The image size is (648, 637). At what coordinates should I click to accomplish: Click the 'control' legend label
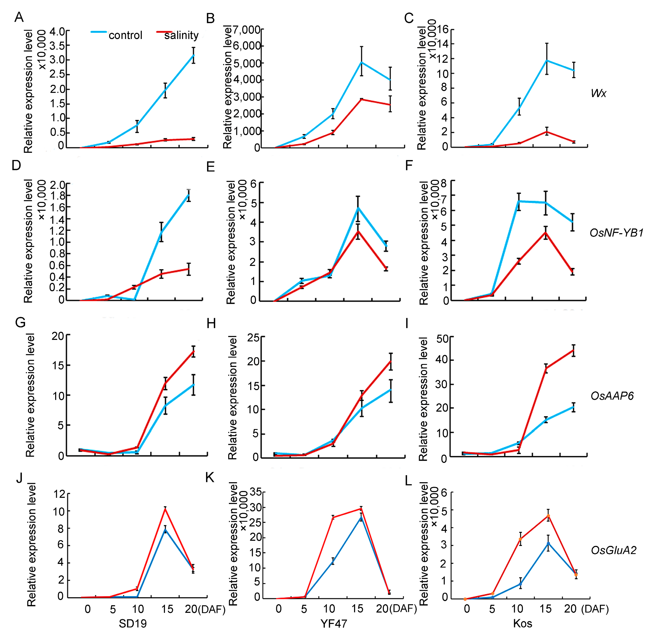[x=125, y=35]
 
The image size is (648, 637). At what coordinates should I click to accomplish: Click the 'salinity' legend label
[x=181, y=35]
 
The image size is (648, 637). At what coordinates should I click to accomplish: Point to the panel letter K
[x=210, y=478]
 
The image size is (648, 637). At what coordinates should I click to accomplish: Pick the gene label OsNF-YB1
[x=616, y=233]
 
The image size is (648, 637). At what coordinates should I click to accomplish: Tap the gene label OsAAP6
[x=612, y=396]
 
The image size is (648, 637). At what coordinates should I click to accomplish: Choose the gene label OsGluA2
[x=614, y=550]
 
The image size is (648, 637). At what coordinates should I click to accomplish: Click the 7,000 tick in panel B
[x=247, y=30]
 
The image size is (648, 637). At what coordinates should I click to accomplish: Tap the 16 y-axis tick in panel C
[x=442, y=29]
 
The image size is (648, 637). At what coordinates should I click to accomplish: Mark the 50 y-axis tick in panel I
[x=442, y=339]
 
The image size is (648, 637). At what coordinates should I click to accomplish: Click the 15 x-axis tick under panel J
[x=167, y=609]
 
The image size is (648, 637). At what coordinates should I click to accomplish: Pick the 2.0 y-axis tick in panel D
[x=57, y=184]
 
